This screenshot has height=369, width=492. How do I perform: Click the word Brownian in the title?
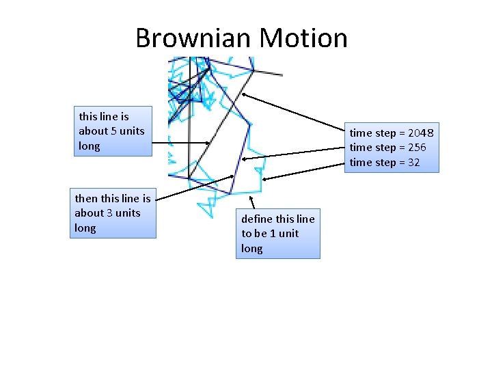click(185, 38)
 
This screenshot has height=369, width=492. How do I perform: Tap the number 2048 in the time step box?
click(420, 133)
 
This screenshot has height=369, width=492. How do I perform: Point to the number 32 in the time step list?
click(413, 163)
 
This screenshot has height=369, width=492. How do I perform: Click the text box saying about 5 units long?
click(113, 131)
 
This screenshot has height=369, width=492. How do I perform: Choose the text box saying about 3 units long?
click(114, 213)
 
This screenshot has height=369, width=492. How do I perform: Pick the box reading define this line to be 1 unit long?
click(279, 234)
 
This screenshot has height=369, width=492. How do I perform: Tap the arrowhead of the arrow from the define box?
click(251, 199)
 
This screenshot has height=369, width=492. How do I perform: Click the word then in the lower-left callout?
click(86, 199)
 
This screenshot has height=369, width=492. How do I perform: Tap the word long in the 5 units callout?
click(89, 146)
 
